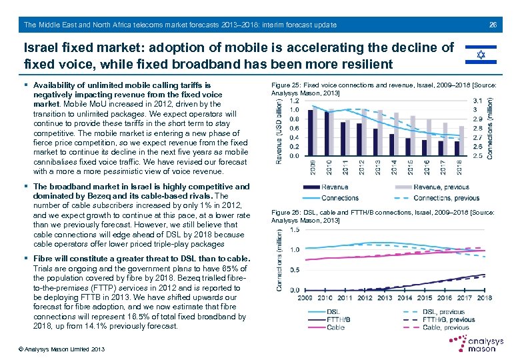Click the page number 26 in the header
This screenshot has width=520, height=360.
(493, 25)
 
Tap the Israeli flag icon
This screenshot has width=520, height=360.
(479, 55)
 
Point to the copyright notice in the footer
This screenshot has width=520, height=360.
(53, 349)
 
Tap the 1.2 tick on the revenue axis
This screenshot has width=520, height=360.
(295, 101)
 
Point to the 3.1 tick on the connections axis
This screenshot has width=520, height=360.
(477, 101)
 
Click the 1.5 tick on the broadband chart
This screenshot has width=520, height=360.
(295, 229)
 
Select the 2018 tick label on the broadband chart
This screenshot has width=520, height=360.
(484, 298)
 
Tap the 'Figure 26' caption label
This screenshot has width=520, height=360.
(286, 213)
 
